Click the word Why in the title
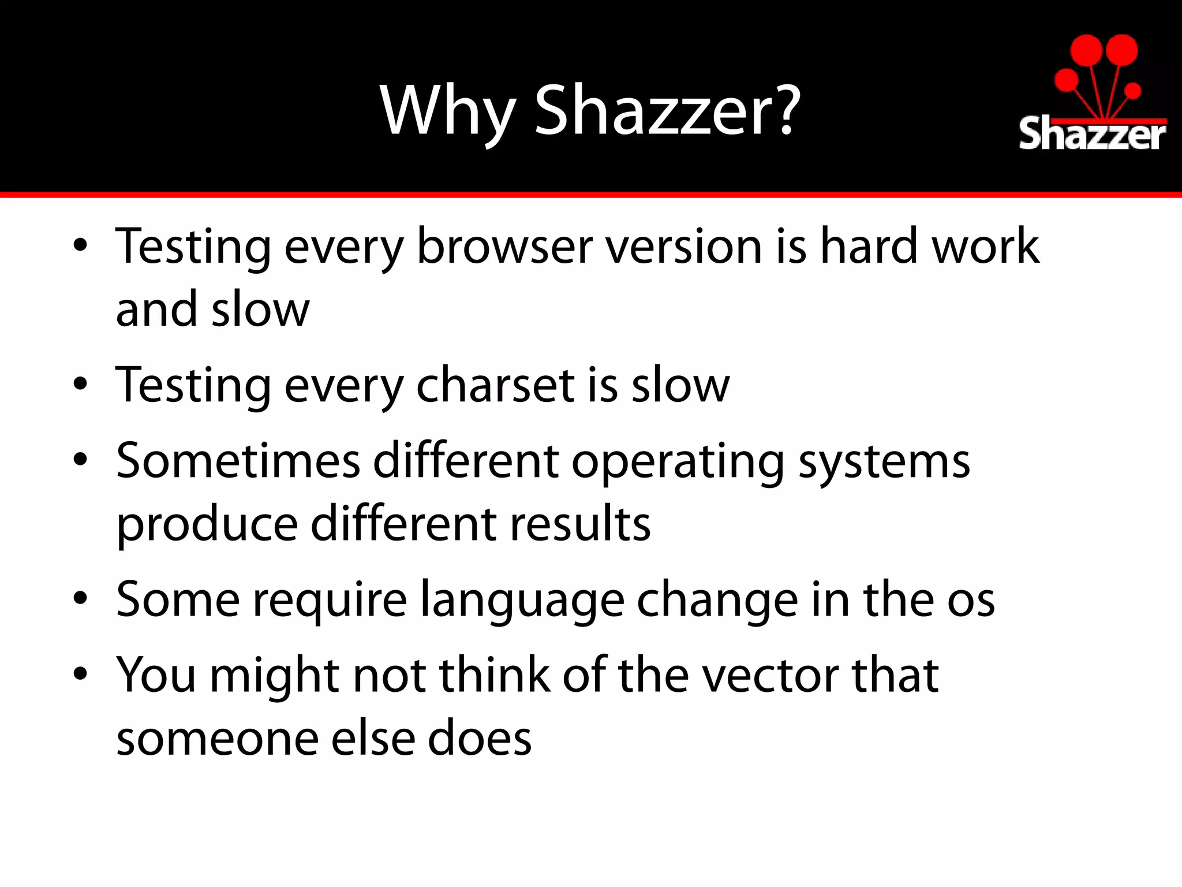447,111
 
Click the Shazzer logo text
1092,135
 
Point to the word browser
504,247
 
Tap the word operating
678,462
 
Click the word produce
207,524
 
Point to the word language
522,601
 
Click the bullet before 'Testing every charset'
80,384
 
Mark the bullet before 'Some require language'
80,598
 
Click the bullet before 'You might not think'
80,673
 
